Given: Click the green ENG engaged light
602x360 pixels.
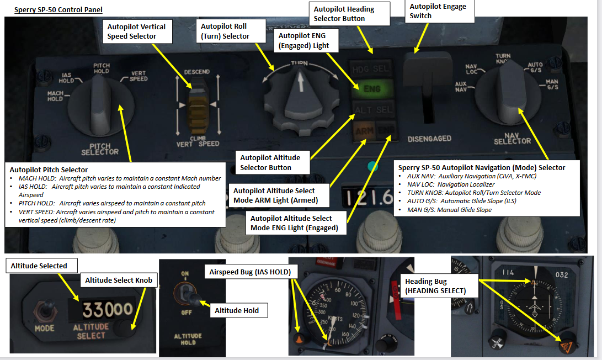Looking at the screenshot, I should point(372,88).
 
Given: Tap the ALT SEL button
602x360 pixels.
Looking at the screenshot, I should point(374,109).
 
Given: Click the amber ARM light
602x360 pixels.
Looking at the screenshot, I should point(363,130).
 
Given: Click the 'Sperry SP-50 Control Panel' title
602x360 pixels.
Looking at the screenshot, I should point(58,10).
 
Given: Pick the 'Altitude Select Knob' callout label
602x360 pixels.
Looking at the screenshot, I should point(118,280).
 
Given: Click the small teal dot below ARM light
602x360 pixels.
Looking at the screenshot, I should point(372,165).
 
